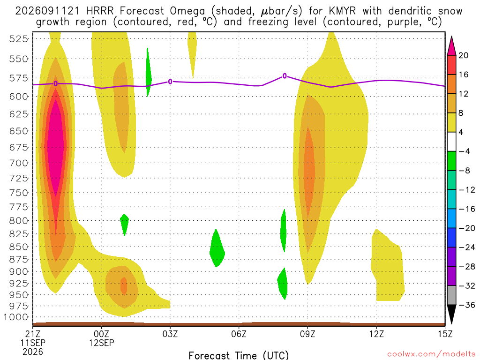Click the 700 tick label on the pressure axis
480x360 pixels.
pyautogui.click(x=19, y=163)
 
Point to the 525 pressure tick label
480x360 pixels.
pyautogui.click(x=19, y=39)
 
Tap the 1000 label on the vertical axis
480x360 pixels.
pyautogui.click(x=16, y=317)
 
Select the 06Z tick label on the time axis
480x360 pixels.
pyautogui.click(x=239, y=334)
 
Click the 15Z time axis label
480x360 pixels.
pyautogui.click(x=445, y=334)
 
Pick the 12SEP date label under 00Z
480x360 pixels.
pyautogui.click(x=102, y=343)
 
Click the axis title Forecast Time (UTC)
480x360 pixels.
pyautogui.click(x=239, y=355)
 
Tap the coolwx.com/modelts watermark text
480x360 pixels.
pyautogui.click(x=432, y=354)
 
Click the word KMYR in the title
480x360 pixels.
pyautogui.click(x=343, y=11)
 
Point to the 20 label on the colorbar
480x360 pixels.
pyautogui.click(x=463, y=55)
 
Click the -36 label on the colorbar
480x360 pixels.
pyautogui.click(x=467, y=305)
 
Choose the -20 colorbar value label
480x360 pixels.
pyautogui.click(x=467, y=228)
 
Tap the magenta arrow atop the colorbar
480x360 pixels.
pyautogui.click(x=451, y=46)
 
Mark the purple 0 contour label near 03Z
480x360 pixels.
pyautogui.click(x=170, y=82)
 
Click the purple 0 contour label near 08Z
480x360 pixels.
pyautogui.click(x=285, y=76)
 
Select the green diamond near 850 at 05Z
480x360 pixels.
pyautogui.click(x=217, y=248)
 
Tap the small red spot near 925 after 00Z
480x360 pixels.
pyautogui.click(x=124, y=286)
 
